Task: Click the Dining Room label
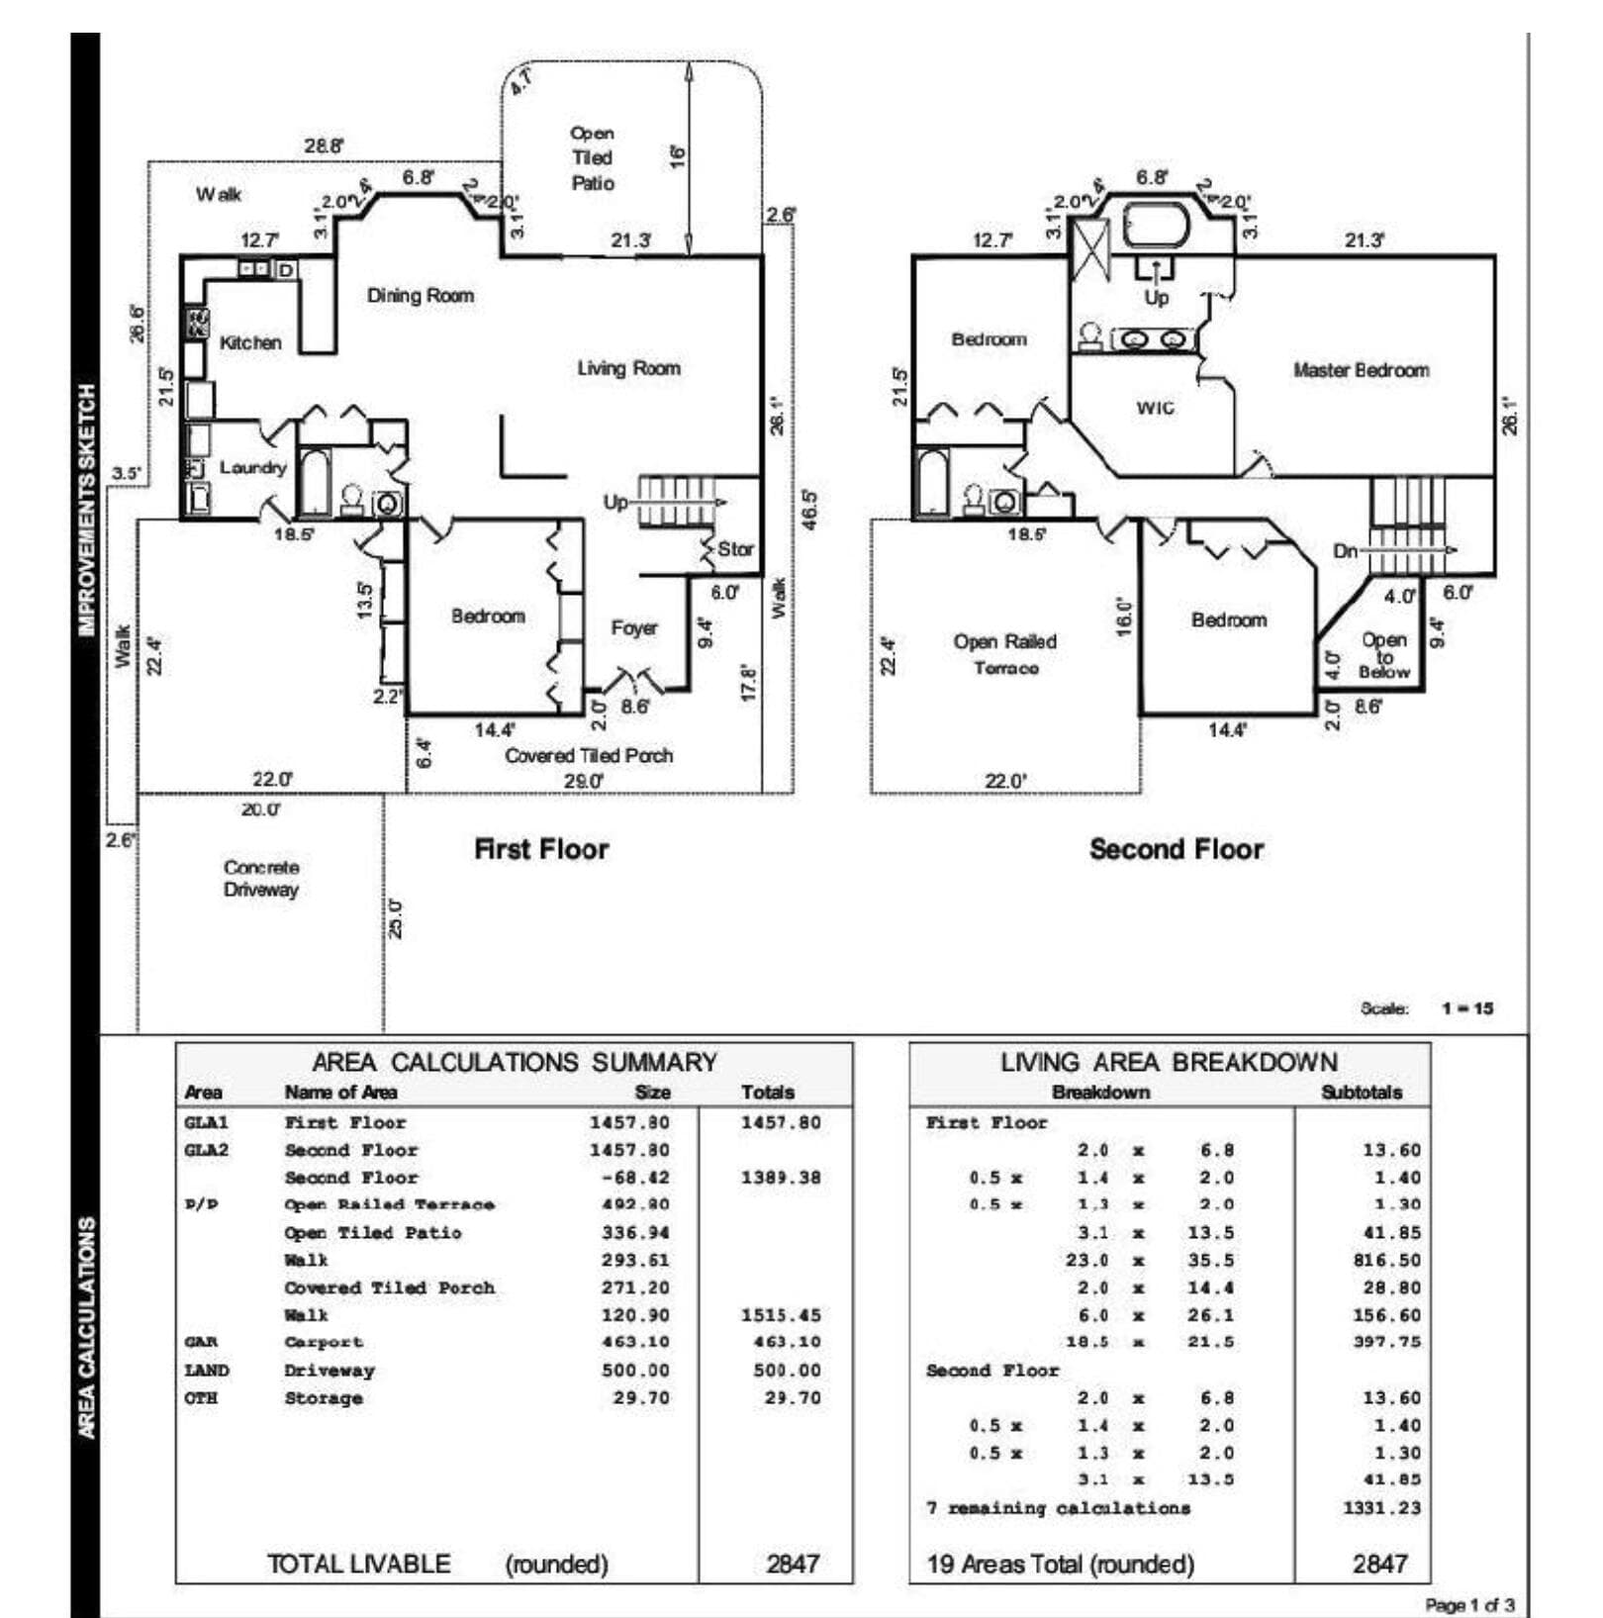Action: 420,295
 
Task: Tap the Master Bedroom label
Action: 1361,370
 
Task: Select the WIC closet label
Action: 1155,408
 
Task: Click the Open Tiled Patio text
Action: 592,158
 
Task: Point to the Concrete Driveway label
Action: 260,878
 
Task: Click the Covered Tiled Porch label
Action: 588,755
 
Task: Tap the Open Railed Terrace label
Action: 1004,654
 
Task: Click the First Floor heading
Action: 541,849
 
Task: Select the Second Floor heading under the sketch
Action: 1176,849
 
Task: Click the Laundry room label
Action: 252,467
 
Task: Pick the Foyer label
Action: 633,628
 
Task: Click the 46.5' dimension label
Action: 808,509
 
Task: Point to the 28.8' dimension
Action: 324,145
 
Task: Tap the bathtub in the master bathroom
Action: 1155,226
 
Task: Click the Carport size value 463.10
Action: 635,1342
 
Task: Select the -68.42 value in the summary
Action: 635,1178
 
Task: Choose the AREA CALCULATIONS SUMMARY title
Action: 514,1062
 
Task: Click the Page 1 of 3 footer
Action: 1468,1604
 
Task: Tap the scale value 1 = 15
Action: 1466,1008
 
